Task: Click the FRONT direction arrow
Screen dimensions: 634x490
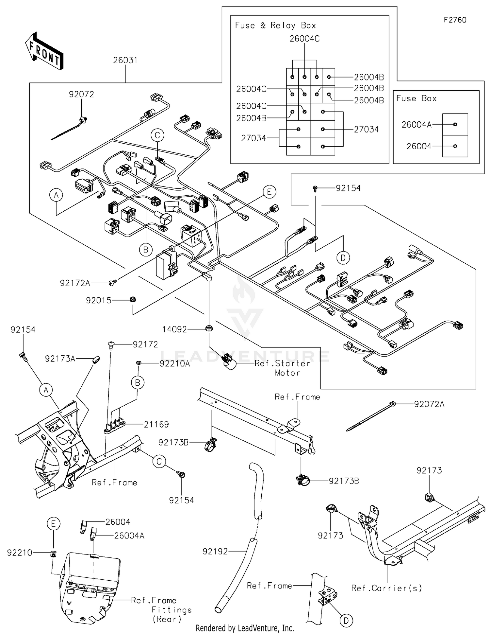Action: click(44, 51)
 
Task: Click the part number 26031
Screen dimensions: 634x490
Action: click(125, 60)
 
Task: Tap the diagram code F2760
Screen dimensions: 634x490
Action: click(455, 20)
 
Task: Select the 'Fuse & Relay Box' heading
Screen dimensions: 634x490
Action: click(275, 26)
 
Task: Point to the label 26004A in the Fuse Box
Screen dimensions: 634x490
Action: click(416, 125)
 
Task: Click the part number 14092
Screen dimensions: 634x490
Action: click(174, 329)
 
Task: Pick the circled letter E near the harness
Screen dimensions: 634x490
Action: click(269, 192)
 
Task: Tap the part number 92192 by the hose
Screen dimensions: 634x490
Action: click(215, 552)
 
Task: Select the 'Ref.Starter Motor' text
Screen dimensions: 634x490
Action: click(283, 368)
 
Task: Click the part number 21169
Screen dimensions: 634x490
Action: click(156, 424)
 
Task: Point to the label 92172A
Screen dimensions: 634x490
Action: click(75, 283)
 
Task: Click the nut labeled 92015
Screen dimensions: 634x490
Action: click(133, 299)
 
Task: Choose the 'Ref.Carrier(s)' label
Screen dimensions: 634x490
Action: click(386, 588)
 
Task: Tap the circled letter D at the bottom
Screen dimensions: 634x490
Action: click(346, 620)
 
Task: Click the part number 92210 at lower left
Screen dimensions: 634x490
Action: click(20, 553)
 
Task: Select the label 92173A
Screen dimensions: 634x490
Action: click(60, 359)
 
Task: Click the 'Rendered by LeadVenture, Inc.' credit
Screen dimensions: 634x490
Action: click(245, 628)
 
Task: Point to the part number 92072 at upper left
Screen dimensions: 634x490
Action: click(81, 94)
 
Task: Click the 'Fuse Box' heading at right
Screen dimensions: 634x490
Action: click(416, 98)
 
